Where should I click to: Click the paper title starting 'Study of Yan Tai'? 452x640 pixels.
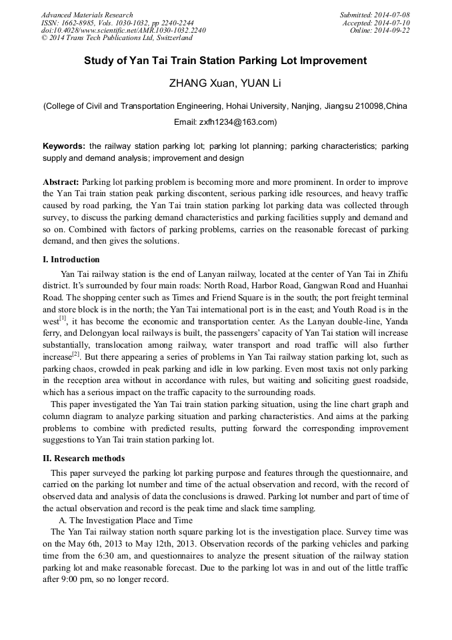coord(225,61)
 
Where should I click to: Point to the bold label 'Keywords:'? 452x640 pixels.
coord(64,145)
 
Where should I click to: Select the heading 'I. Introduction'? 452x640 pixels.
coord(71,260)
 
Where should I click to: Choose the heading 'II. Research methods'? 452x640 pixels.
coord(83,458)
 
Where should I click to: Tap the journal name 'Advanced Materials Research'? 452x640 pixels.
coord(87,15)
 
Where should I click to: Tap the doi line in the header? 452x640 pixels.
coord(123,31)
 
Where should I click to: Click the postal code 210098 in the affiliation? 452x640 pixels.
coord(371,106)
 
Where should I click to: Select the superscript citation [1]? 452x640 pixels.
coord(63,318)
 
